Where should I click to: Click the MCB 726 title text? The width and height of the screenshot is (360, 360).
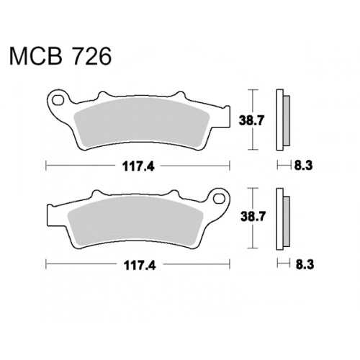tap(60, 56)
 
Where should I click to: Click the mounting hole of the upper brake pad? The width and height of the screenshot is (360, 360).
tap(58, 100)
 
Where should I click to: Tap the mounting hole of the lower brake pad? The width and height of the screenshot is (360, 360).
tap(219, 199)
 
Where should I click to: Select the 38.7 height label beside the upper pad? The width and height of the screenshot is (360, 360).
tap(251, 120)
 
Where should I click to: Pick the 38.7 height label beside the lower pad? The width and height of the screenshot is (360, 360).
tap(253, 217)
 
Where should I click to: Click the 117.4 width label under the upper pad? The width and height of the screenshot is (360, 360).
tap(138, 166)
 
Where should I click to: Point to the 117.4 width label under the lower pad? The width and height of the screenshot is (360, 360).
tap(140, 265)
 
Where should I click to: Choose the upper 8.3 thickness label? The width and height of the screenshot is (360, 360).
tap(303, 166)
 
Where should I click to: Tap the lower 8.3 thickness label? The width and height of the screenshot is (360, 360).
tap(305, 264)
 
